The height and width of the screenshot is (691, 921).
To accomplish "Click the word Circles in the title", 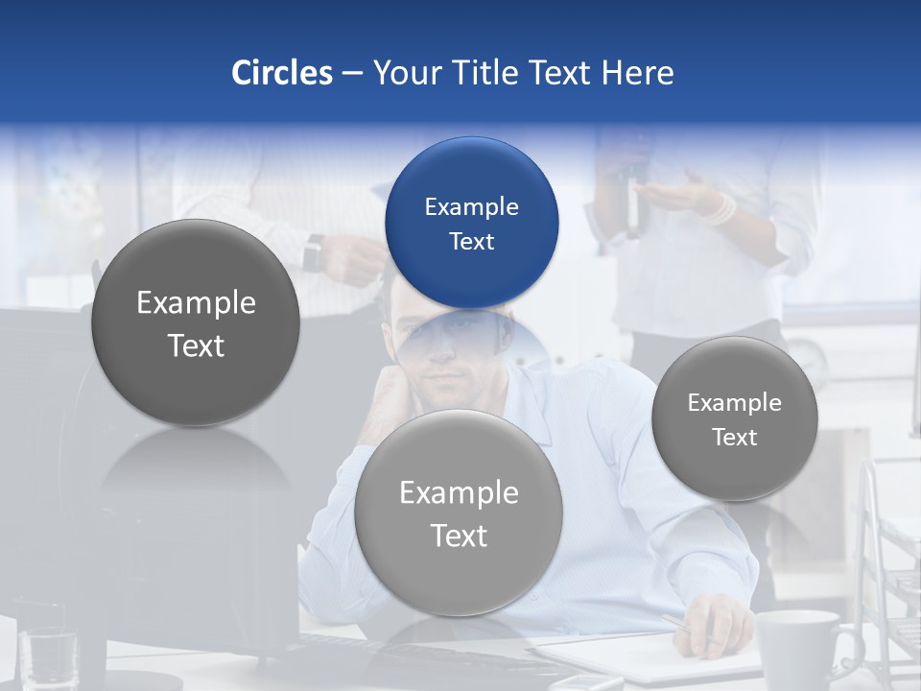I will pos(281,73).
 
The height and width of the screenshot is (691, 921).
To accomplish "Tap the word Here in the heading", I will pos(638,73).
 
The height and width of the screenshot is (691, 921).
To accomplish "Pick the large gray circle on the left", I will pos(196,278).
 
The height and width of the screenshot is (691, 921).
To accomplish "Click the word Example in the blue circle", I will pos(471,206).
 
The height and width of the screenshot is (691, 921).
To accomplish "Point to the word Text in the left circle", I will pos(196,345).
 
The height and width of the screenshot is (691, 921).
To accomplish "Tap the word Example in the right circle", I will pos(735,403).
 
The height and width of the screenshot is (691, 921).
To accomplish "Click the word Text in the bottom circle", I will pos(459,536).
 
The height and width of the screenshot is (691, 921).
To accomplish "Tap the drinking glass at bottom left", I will pos(48,657).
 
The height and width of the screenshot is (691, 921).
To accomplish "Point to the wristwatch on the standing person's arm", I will pos(313,254).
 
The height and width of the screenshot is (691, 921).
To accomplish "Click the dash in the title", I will pos(352,74).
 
